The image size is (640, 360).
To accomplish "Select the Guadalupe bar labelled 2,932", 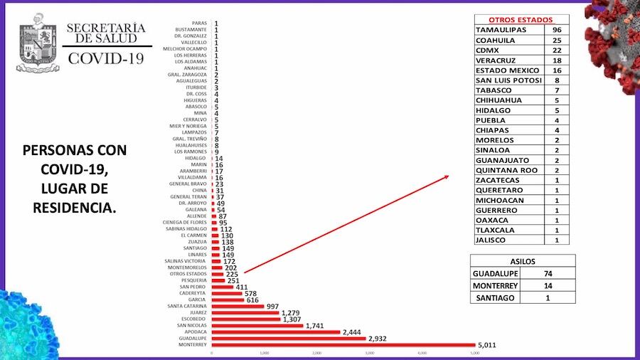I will (287, 338).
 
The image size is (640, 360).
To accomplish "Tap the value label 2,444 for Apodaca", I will (351, 332).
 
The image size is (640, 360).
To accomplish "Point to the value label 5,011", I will (490, 345).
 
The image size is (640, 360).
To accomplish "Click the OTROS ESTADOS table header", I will (520, 20).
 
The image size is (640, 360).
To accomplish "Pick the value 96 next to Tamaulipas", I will (558, 31).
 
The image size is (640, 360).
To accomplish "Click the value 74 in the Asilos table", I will (548, 273).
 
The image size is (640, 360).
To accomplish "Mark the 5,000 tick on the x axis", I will (474, 353).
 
